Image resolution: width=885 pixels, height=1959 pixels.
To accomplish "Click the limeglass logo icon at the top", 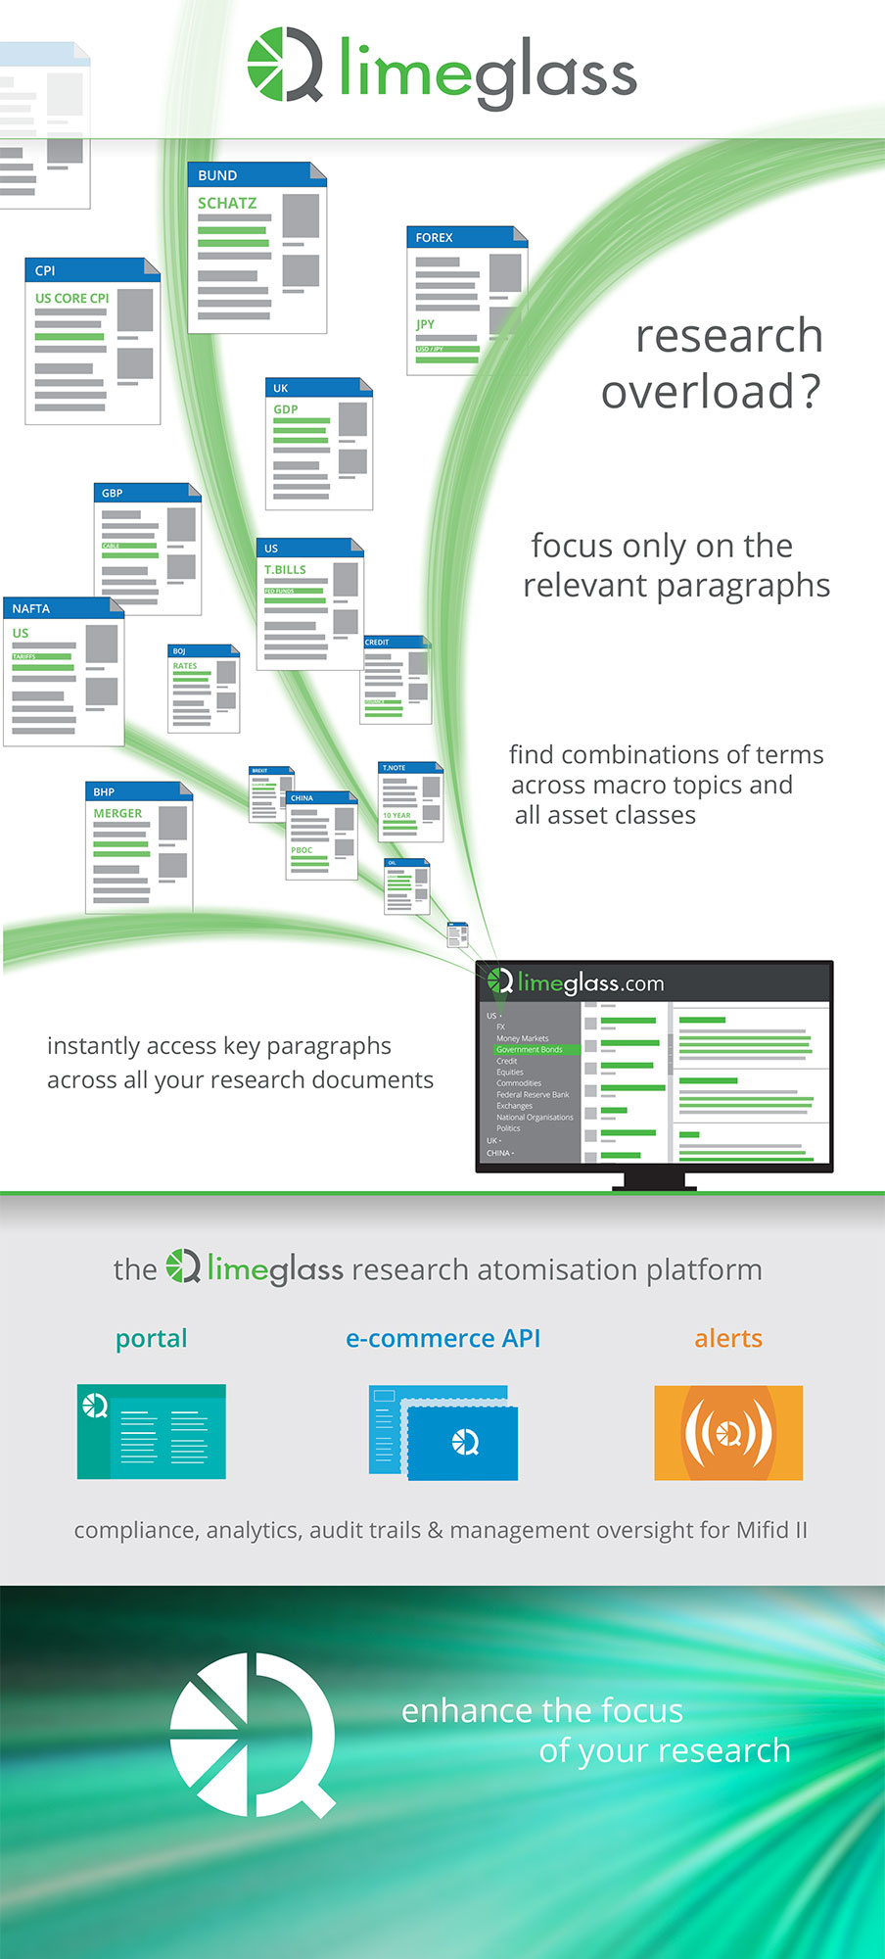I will point(284,66).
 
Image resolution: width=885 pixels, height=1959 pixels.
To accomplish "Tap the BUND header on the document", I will point(217,175).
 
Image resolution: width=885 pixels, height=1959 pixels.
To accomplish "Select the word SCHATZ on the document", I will point(227,203).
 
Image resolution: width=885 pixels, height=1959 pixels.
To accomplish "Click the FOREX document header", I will point(434,237).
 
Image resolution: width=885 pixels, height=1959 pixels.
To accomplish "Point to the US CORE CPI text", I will point(71,298).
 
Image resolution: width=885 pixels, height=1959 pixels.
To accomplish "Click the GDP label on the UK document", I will point(286,409).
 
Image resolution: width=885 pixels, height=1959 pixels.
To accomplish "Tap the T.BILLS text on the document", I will point(285,569).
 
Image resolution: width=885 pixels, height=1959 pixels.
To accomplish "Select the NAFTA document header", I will point(31,608).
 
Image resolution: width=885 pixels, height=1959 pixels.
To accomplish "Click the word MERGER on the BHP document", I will point(117,813).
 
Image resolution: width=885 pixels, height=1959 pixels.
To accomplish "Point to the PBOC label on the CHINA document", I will point(302,850).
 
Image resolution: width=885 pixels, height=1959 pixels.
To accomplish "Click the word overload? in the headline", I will point(711,392).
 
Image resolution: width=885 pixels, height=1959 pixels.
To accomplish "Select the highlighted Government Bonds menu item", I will point(530,1049).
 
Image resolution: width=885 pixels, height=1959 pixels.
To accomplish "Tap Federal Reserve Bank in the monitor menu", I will point(533,1094).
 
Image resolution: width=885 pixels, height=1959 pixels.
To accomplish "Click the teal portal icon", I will point(152,1431).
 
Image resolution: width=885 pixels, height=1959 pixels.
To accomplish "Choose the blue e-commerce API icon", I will point(443,1432).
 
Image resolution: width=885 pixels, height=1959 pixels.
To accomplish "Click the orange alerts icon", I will point(728,1432).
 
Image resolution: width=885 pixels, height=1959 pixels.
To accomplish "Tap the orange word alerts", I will point(728,1338).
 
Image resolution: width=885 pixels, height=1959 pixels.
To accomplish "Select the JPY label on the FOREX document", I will point(425,324).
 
